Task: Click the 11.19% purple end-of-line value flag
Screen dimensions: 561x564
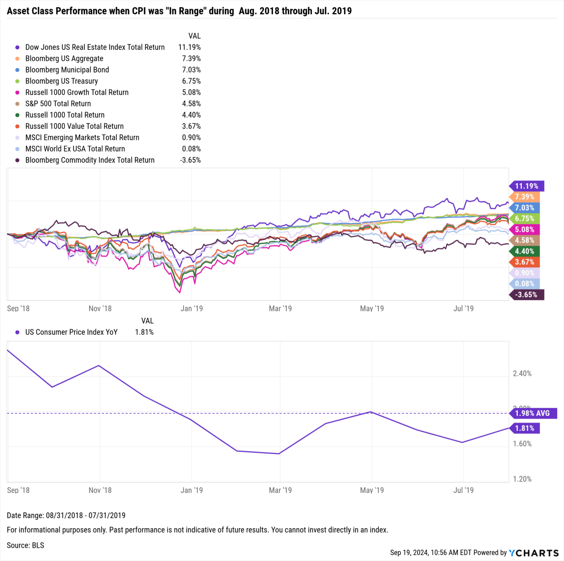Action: point(526,186)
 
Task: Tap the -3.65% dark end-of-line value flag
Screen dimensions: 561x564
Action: point(526,295)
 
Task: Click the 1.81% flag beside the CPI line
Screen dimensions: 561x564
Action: point(524,428)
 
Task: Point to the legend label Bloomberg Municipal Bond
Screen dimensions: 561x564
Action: point(67,70)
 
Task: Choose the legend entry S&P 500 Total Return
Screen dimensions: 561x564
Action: point(58,104)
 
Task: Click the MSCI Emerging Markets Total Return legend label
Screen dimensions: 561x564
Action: point(82,137)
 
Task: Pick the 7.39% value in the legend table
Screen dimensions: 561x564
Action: point(191,58)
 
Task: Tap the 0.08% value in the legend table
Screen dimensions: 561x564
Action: point(191,149)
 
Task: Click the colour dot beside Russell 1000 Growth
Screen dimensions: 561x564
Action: point(17,93)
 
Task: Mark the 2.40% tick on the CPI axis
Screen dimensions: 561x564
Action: point(522,374)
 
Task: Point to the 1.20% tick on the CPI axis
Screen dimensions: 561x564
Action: point(522,479)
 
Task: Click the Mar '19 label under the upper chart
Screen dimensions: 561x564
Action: point(280,309)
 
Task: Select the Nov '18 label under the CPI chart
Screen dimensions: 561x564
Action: point(100,490)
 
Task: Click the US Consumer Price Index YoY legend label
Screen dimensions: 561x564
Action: point(71,332)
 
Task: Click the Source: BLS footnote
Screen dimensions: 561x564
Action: point(25,545)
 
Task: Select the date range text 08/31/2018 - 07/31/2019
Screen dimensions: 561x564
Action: point(86,515)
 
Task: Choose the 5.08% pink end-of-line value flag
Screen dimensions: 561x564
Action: point(524,230)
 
